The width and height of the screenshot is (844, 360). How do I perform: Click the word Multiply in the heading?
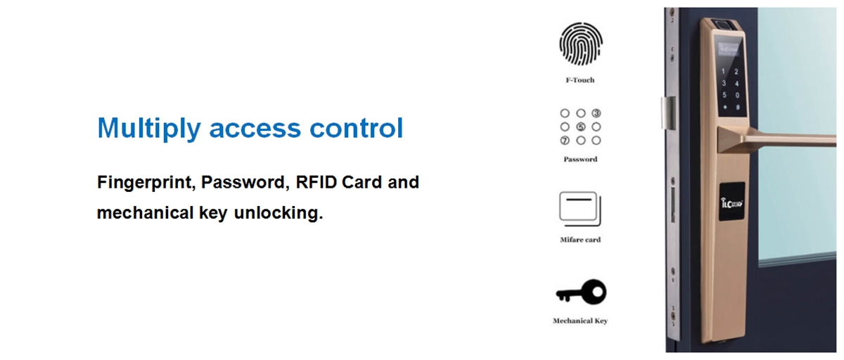pos(149,129)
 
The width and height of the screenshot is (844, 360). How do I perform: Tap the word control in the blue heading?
pos(356,128)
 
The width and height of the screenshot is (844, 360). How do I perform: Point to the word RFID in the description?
pos(316,182)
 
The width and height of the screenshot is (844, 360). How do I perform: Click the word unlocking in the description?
pos(279,213)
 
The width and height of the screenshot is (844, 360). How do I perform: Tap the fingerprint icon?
pos(581,44)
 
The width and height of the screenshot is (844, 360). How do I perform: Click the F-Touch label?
pos(580,80)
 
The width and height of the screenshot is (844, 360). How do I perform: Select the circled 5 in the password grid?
pos(581,127)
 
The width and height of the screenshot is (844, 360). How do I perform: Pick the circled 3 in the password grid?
pos(596,113)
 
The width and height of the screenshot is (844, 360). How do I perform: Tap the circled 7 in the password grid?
pos(565,141)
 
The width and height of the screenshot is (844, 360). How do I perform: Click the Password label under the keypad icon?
pos(580,160)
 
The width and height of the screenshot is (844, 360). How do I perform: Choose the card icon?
pos(580,209)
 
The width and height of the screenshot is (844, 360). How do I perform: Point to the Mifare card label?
pos(580,240)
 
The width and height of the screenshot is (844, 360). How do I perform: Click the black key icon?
pos(582,292)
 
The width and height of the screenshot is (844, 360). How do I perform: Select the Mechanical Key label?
pos(580,321)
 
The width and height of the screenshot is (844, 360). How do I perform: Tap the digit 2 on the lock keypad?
pos(736,72)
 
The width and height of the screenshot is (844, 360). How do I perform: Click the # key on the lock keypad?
pos(737,108)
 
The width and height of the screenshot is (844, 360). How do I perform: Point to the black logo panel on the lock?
pos(731,202)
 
